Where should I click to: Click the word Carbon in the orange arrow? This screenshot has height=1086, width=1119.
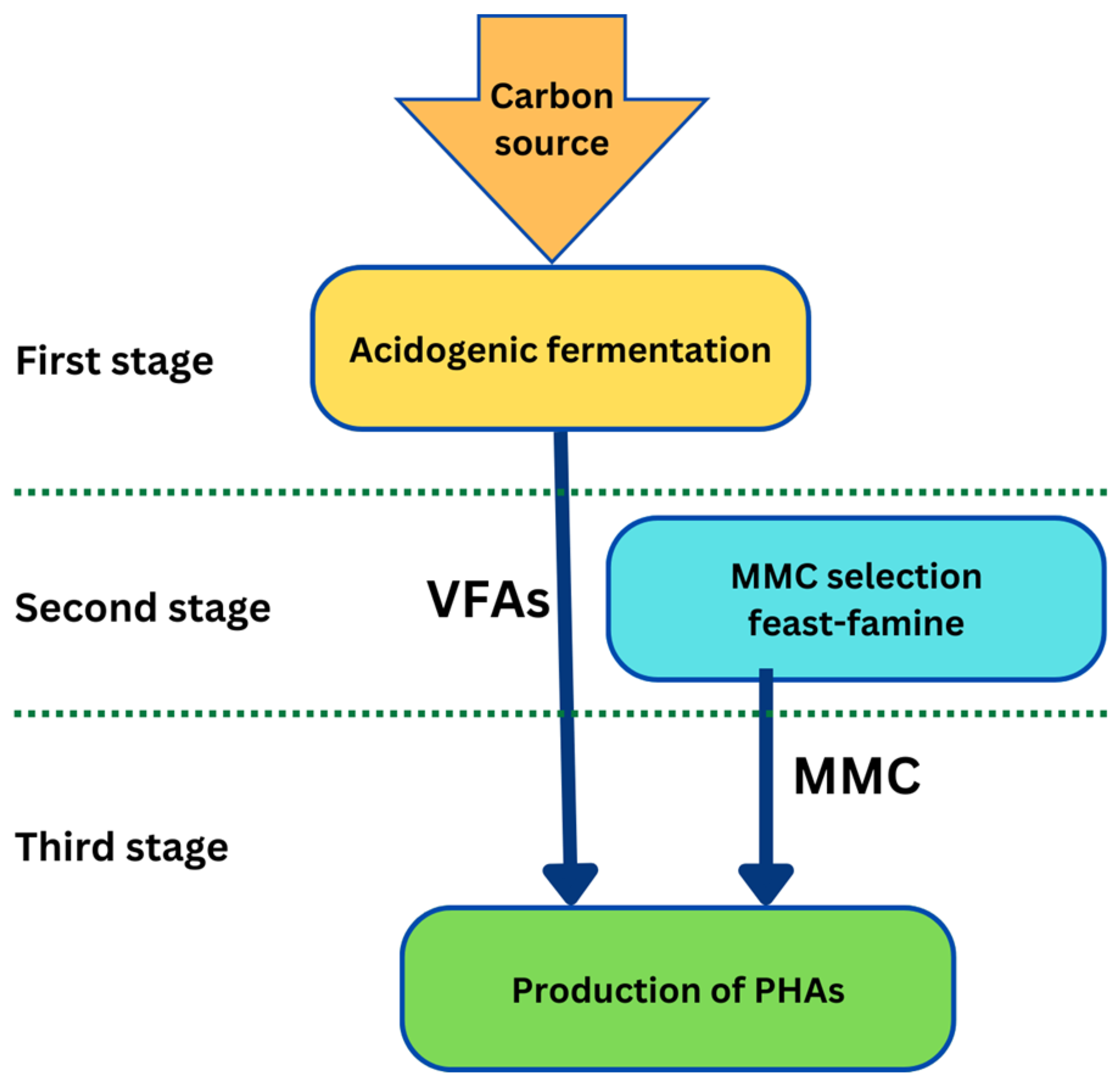coord(552,97)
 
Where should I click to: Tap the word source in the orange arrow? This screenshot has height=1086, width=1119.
coord(552,144)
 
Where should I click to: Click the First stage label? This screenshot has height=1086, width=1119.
coord(114,361)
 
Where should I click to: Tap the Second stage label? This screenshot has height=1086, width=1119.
coord(142,608)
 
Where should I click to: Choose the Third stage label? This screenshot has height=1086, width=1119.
coord(122,847)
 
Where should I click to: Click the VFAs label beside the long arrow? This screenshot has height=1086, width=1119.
coord(488,600)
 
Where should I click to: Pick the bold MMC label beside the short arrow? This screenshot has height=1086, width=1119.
coord(857,777)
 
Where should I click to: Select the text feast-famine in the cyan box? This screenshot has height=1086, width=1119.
coord(856,623)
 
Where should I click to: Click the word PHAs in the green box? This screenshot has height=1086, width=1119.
coord(799,990)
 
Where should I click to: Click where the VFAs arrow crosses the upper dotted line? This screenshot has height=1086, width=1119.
coord(562,492)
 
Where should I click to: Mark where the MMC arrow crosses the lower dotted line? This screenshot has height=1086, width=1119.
coord(766,713)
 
